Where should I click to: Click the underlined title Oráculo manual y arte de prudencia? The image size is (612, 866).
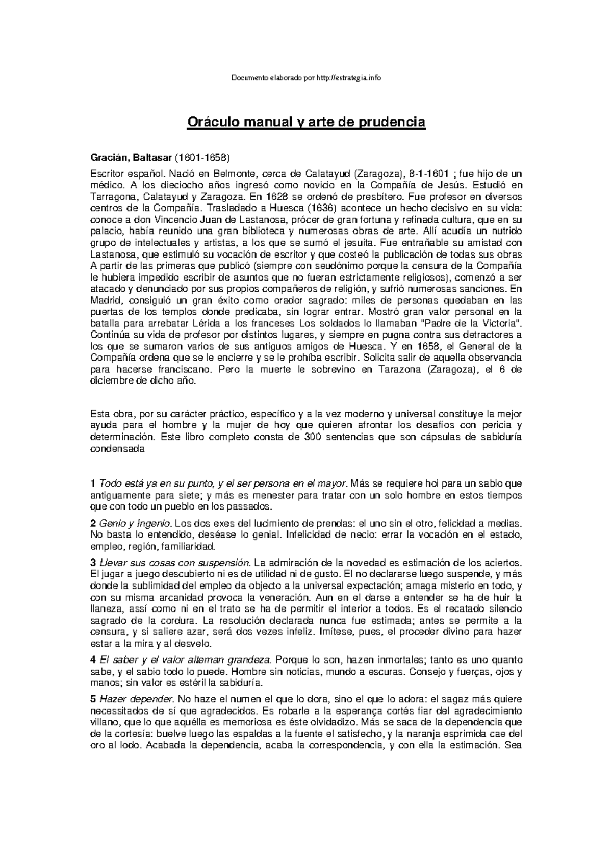click(306, 123)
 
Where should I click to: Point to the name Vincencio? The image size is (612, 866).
click(160, 219)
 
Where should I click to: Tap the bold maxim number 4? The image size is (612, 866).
click(93, 660)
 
